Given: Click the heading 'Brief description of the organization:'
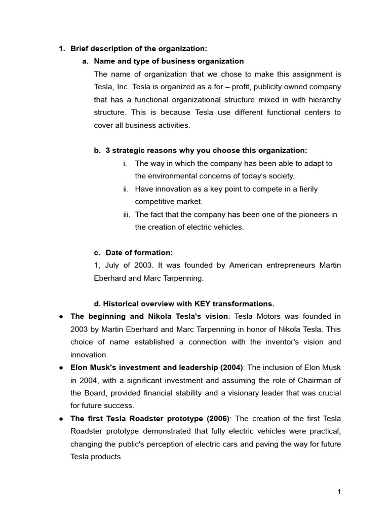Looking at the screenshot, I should tap(138, 49).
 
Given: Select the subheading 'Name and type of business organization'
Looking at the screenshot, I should tap(169, 61).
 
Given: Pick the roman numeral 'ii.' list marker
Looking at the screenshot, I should tap(126, 189).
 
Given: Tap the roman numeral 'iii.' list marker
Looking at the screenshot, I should tap(126, 214).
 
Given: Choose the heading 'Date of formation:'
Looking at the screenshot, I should tap(139, 252).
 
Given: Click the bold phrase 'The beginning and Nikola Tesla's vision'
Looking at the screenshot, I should tap(149, 316).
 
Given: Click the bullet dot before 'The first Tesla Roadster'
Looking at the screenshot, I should tap(60, 419).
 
